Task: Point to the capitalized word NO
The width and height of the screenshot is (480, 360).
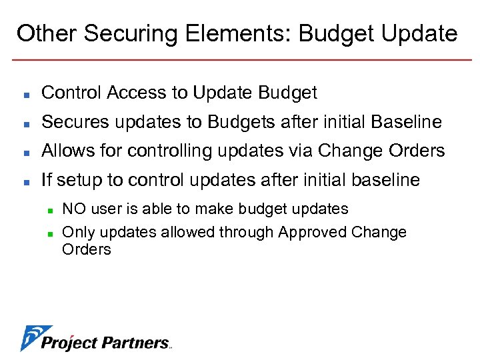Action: [x=73, y=209]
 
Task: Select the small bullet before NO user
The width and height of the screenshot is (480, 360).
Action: [x=50, y=210]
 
